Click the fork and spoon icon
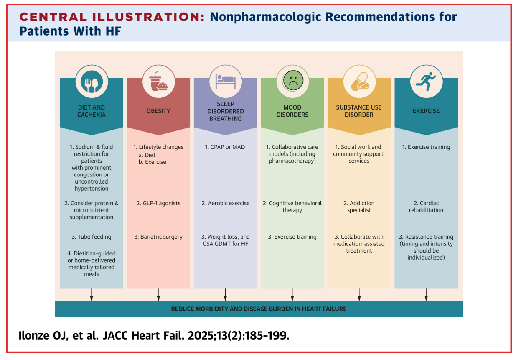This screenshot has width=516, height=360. click(x=92, y=81)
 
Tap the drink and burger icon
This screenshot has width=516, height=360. click(x=158, y=81)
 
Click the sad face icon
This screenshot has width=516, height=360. click(x=292, y=81)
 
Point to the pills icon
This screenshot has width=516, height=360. click(x=359, y=81)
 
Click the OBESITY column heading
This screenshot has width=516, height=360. click(x=158, y=111)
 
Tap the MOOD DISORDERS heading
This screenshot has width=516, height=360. click(x=292, y=111)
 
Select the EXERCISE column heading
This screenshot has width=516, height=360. click(x=426, y=111)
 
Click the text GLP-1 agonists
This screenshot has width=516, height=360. click(x=158, y=203)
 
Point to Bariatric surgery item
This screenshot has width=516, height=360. click(x=158, y=237)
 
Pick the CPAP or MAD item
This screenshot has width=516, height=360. click(x=225, y=147)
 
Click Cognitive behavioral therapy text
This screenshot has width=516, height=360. click(x=292, y=207)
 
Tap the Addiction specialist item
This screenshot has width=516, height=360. click(x=359, y=207)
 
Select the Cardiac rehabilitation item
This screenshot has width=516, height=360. click(x=426, y=207)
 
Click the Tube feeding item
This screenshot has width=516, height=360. click(x=92, y=237)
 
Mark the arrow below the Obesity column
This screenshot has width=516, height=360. click(x=158, y=295)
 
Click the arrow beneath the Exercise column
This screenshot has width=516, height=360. click(x=426, y=295)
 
